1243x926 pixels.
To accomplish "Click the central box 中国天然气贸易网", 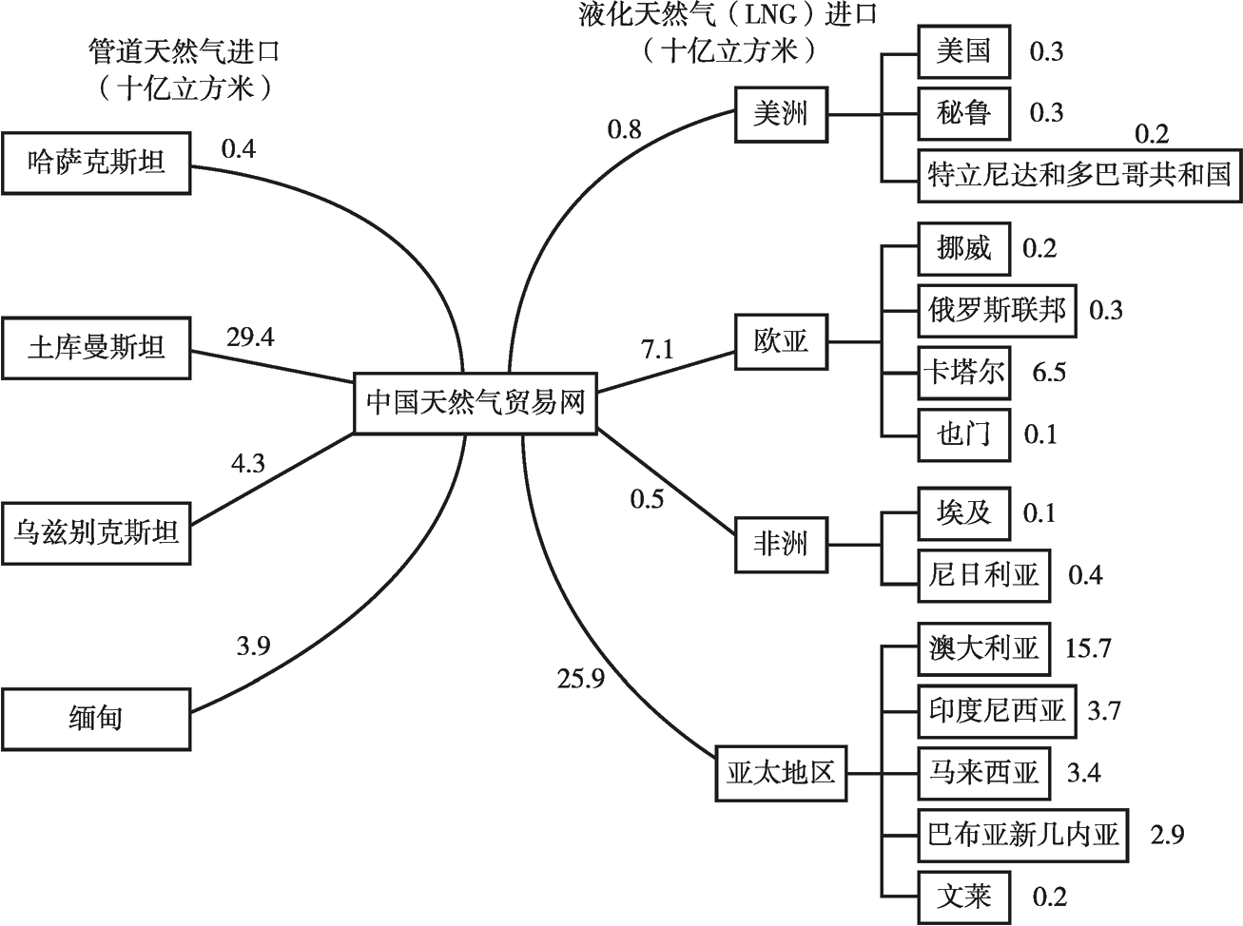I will click(x=476, y=403).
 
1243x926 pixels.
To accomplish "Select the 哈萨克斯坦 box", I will click(x=96, y=164).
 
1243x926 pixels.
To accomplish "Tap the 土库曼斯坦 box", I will click(x=96, y=348).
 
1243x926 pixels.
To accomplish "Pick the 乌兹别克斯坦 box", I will click(x=96, y=532).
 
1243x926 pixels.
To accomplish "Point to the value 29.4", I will click(x=250, y=337).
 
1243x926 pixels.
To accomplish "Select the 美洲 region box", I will click(x=780, y=114).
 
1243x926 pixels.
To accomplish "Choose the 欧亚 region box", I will click(x=780, y=341).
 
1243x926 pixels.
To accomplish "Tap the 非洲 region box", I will click(x=780, y=545).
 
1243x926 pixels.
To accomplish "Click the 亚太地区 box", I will click(x=780, y=772).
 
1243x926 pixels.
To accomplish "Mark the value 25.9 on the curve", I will click(x=581, y=679).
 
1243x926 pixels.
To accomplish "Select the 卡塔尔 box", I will click(x=963, y=372).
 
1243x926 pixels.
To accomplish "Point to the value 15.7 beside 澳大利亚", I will click(x=1088, y=649).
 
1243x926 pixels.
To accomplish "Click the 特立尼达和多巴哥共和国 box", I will click(x=1079, y=175).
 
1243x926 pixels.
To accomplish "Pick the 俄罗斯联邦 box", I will click(x=997, y=310).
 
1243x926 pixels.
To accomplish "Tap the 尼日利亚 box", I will click(x=983, y=574).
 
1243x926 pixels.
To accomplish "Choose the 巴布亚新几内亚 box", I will click(x=1023, y=835).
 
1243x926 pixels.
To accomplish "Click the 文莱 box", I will click(x=963, y=897).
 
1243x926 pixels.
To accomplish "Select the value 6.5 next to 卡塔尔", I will click(x=1049, y=372).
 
